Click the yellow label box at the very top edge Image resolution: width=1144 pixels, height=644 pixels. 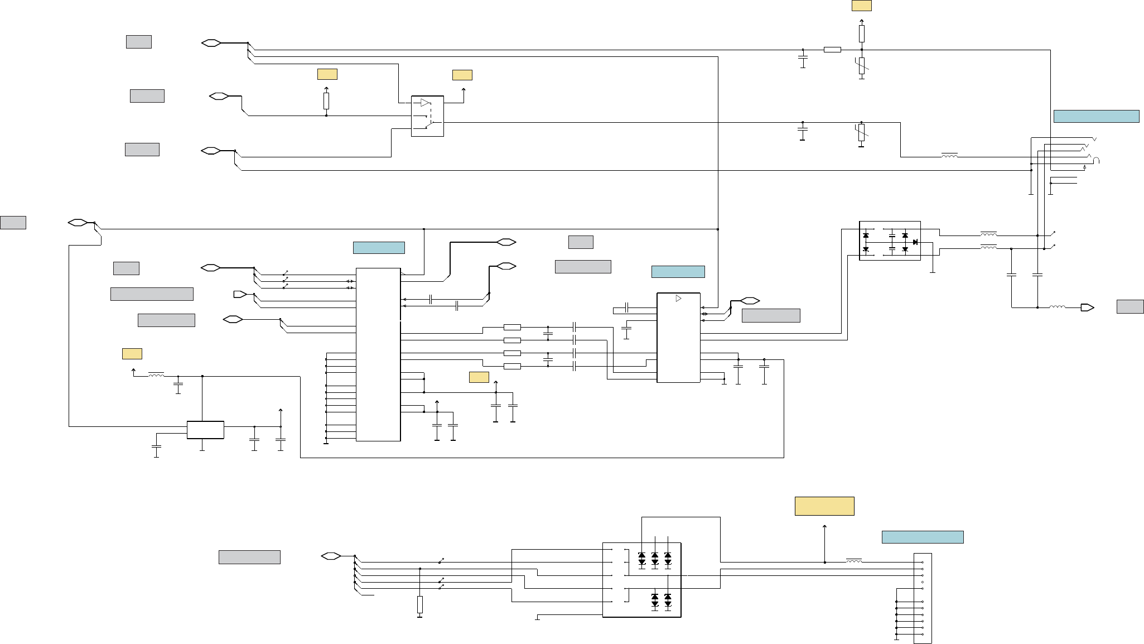coord(861,6)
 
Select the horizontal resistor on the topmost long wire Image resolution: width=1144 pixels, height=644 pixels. coord(832,50)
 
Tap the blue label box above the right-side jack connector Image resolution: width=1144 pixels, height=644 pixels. coord(1096,116)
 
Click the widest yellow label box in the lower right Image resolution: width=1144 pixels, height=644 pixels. coord(824,506)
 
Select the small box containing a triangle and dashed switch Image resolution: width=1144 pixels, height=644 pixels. coord(427,116)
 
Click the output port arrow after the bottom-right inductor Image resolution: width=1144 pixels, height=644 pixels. coord(1087,307)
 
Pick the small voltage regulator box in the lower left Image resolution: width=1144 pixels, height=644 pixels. coord(205,430)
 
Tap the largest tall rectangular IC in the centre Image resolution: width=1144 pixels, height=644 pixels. coord(378,354)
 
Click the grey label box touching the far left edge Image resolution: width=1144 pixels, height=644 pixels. coord(13,222)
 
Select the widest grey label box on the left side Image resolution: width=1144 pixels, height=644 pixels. coord(152,294)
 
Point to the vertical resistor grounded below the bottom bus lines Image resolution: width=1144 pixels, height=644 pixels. coord(419,605)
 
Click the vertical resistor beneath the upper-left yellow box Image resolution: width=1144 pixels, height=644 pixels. coord(326,101)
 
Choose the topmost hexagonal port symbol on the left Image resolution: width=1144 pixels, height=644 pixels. coord(211,43)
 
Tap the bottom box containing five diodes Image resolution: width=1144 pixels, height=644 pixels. coord(642,580)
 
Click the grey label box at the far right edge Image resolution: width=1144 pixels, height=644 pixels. coord(1130,306)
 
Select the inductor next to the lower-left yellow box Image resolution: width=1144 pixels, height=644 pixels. coord(156,376)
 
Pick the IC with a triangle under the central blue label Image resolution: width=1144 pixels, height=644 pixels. coord(678,338)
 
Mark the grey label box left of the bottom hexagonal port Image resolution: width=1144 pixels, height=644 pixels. coord(249,557)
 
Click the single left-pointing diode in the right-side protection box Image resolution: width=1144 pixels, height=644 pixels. coord(915,242)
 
